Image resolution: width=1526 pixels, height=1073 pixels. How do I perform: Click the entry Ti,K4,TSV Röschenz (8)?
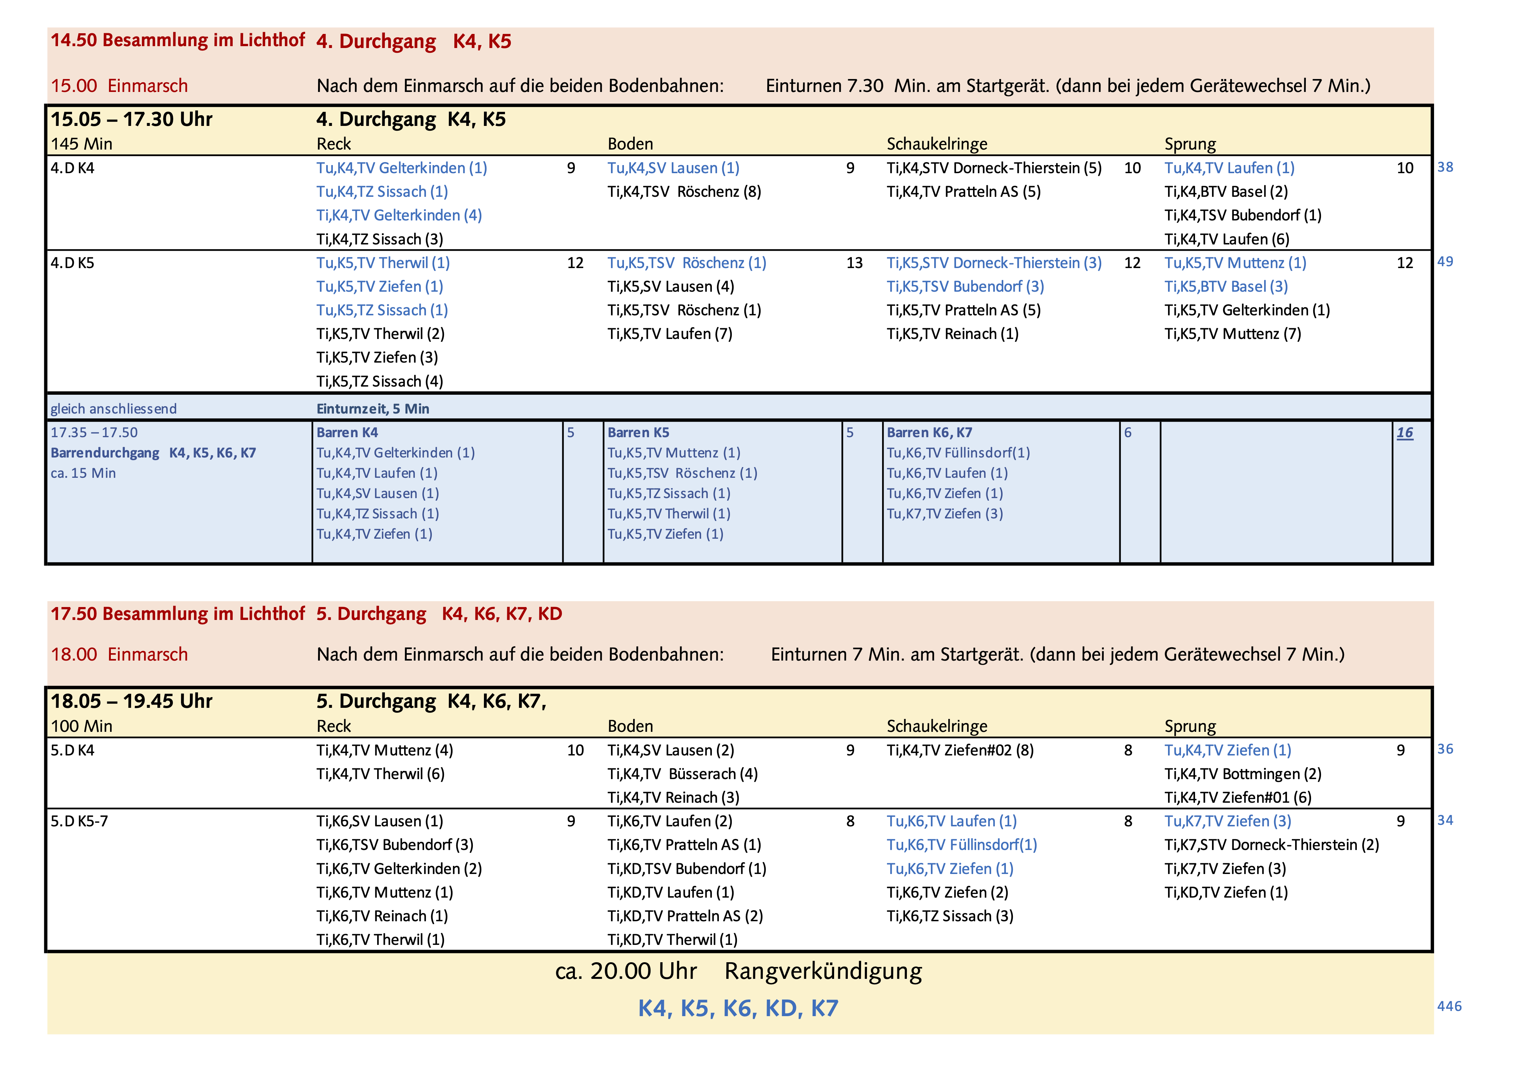click(x=684, y=192)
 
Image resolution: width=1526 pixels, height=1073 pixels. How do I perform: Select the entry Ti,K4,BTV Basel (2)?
click(x=1226, y=192)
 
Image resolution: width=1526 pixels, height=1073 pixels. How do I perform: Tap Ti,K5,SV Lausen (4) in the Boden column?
click(x=670, y=287)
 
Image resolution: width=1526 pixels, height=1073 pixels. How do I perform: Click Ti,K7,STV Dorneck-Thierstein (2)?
click(x=1271, y=845)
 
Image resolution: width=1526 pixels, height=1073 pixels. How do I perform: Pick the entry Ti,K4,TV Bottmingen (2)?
click(x=1242, y=774)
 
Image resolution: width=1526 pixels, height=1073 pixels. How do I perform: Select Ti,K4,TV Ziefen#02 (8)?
click(x=960, y=751)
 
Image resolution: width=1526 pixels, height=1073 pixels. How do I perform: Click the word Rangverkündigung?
click(x=823, y=971)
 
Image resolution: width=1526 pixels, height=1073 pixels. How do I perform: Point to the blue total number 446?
click(x=1449, y=1007)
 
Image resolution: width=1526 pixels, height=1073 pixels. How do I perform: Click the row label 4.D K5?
click(x=72, y=263)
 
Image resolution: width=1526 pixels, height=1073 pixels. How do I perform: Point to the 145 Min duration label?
click(x=82, y=144)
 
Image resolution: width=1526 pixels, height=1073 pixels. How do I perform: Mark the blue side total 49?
click(x=1445, y=262)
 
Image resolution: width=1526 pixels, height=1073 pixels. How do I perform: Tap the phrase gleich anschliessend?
click(x=114, y=409)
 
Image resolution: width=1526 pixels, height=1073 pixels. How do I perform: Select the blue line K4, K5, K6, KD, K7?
click(x=738, y=1008)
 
